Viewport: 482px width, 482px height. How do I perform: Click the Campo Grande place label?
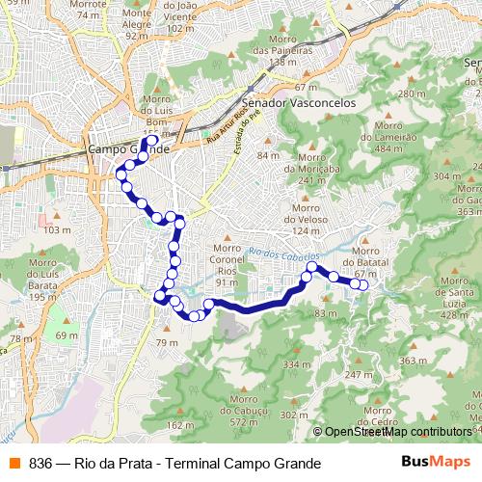[128, 150]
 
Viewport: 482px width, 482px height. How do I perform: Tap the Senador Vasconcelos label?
[300, 100]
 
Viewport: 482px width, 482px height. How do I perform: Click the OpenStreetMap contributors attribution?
[397, 433]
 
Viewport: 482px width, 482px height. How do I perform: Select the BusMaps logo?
[429, 463]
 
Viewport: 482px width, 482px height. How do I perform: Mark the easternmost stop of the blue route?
[363, 283]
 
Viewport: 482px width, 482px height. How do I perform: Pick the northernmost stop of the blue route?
[151, 141]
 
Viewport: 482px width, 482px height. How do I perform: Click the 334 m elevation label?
[292, 364]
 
